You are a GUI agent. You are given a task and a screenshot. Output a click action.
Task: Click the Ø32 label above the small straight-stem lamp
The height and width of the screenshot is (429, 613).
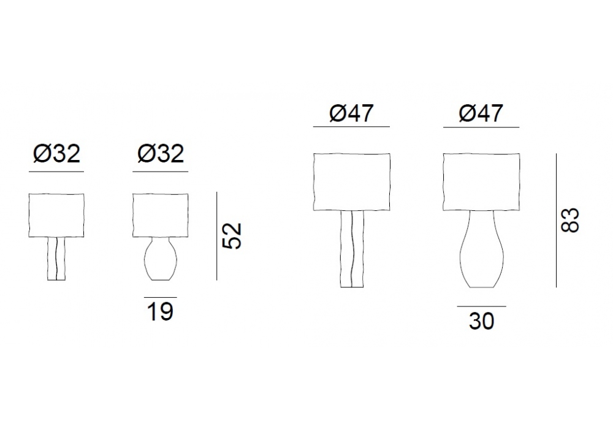[56, 154]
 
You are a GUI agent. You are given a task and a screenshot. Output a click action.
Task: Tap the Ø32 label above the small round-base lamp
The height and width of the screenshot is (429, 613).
[160, 154]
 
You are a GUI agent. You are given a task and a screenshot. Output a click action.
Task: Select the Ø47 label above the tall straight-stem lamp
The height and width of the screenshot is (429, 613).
[351, 113]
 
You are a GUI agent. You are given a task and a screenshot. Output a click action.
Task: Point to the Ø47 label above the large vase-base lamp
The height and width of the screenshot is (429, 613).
[481, 113]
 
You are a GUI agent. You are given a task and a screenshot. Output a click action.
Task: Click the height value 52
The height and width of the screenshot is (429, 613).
[232, 236]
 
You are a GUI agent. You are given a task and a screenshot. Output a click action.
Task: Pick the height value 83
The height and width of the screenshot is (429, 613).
[570, 220]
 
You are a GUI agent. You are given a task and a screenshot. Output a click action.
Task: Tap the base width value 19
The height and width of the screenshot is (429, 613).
[160, 311]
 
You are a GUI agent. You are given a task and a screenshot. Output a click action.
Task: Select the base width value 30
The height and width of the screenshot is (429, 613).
[482, 321]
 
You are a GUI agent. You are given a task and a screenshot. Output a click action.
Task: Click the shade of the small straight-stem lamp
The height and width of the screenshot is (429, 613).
[56, 215]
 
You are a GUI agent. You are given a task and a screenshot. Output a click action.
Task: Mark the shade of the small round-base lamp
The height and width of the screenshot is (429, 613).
[160, 215]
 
